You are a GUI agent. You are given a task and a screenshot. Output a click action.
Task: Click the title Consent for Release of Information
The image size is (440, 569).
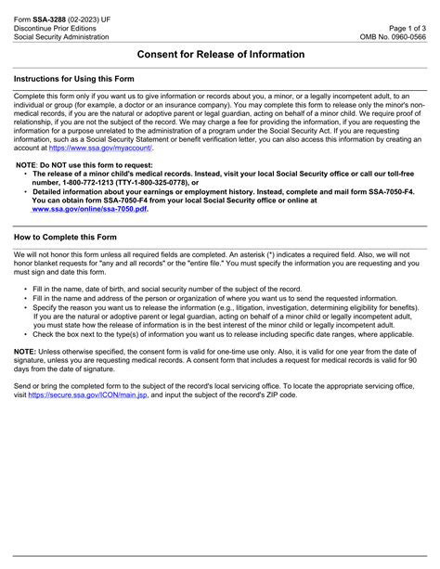coord(220,55)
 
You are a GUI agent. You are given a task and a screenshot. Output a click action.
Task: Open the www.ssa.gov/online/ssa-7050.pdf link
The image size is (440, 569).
coord(89,210)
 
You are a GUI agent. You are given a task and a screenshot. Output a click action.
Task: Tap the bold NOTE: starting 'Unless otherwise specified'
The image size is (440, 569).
coord(25,351)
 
